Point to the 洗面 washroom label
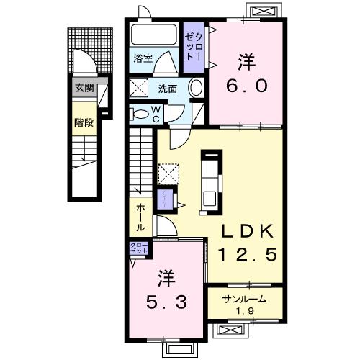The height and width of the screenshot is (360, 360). point(168,89)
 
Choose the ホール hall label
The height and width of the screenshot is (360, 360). point(140,216)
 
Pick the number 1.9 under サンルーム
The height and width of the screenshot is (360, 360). point(245,312)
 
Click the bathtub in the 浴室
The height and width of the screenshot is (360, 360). point(154,36)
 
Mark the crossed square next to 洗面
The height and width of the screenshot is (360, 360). point(139,89)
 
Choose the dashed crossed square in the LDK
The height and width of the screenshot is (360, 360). point(168,173)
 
